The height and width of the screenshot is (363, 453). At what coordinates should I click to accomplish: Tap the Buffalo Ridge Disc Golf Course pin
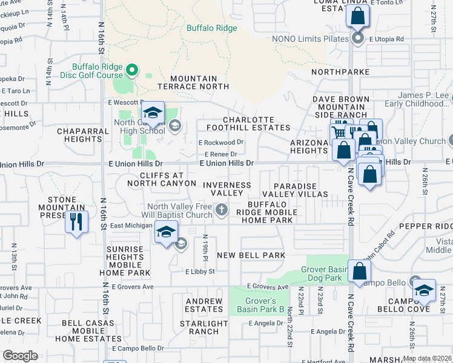click(132, 71)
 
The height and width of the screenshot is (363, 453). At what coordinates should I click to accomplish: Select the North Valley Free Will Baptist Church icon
click(222, 210)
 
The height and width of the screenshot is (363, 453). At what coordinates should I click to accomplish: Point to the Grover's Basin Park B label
click(265, 305)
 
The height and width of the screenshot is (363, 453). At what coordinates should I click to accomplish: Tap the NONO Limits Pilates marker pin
click(357, 39)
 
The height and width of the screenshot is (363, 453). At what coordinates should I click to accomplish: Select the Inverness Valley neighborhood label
click(226, 189)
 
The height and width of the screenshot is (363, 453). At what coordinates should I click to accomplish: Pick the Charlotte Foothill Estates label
click(248, 123)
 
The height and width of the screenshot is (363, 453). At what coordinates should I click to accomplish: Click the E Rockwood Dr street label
click(220, 143)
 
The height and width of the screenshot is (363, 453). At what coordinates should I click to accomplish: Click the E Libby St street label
click(200, 272)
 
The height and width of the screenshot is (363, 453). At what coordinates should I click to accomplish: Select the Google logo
click(20, 356)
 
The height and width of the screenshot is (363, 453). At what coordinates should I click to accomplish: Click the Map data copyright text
click(426, 358)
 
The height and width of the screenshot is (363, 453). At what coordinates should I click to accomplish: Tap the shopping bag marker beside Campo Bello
click(359, 272)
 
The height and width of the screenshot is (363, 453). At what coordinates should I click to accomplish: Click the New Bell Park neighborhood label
click(251, 255)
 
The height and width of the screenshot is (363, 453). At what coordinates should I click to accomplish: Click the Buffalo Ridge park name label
click(211, 28)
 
